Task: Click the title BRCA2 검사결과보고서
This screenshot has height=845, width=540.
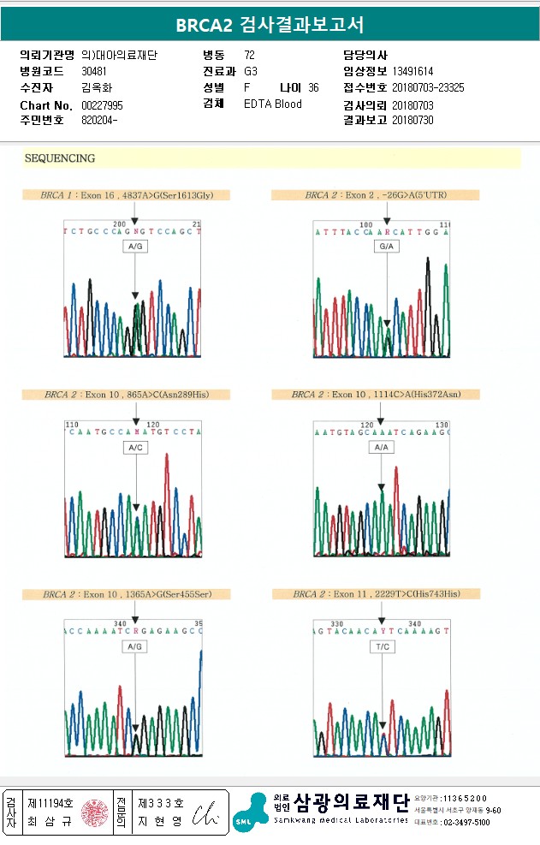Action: (270, 25)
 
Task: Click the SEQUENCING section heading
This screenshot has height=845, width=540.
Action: (60, 158)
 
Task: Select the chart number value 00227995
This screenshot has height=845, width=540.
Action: (103, 104)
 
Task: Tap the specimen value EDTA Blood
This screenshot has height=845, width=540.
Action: (273, 104)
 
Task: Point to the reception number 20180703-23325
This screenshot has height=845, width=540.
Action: (428, 88)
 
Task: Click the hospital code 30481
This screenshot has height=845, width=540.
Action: (94, 72)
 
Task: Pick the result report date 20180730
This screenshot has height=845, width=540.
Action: (412, 120)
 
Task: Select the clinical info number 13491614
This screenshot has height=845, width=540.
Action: (412, 72)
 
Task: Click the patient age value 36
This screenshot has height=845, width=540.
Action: (313, 88)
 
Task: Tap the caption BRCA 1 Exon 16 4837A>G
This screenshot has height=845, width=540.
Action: (127, 195)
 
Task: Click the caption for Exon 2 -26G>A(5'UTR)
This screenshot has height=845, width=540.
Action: (376, 195)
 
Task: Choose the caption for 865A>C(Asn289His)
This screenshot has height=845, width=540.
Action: (127, 395)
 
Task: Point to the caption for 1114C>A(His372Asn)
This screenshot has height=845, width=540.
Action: (376, 395)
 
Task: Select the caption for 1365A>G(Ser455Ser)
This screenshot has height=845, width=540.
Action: (127, 594)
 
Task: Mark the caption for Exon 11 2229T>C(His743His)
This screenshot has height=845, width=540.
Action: (376, 594)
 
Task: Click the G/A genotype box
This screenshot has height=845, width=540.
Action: (387, 247)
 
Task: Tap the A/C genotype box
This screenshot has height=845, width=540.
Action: (135, 447)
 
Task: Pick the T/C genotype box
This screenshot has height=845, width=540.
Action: (383, 647)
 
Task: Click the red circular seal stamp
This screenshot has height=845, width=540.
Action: (94, 812)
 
